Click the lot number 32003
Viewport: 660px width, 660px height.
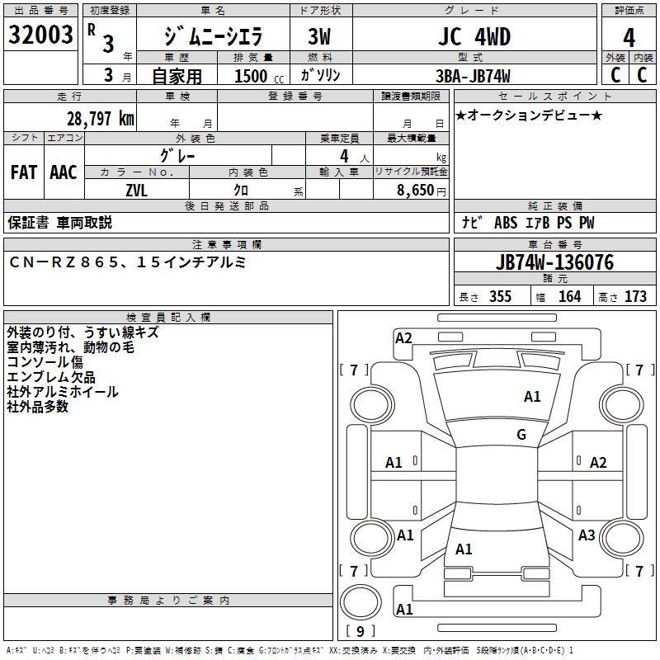[x=40, y=35]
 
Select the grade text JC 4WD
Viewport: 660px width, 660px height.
[x=472, y=36]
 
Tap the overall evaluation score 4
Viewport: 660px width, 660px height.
[x=629, y=38]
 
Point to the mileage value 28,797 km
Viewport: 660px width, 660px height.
[x=100, y=118]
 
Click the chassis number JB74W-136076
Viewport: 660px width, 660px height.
[x=554, y=262]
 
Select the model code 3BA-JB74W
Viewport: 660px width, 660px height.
[x=473, y=76]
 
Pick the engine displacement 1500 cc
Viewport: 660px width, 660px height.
[x=252, y=76]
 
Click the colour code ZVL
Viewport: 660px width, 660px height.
[x=136, y=189]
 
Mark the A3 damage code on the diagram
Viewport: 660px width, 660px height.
[x=587, y=535]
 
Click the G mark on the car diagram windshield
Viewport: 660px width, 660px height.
[x=521, y=435]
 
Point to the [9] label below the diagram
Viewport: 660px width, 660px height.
[x=360, y=632]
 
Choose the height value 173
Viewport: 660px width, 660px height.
[x=635, y=296]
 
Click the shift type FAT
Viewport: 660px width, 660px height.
[x=23, y=172]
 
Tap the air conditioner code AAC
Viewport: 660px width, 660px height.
[x=63, y=172]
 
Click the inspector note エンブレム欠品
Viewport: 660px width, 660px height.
[x=50, y=377]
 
